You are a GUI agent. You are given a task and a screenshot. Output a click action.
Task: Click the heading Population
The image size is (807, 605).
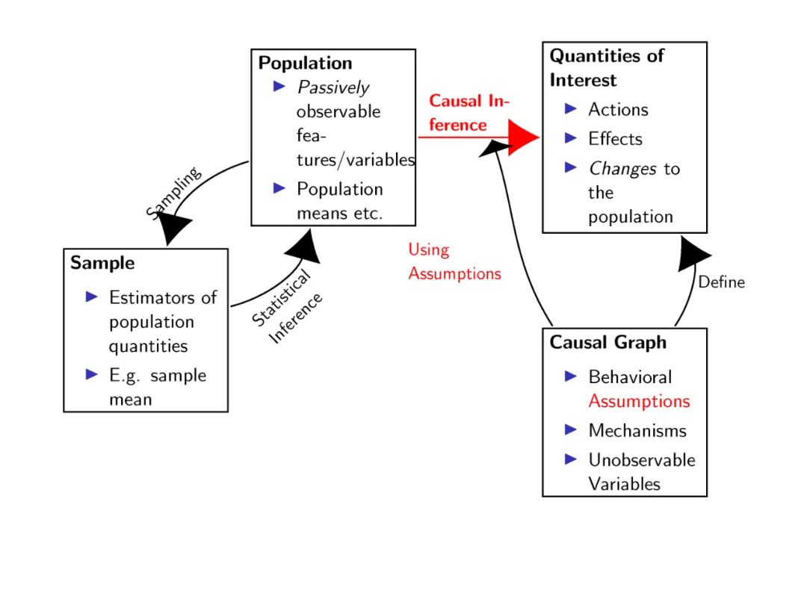(x=305, y=63)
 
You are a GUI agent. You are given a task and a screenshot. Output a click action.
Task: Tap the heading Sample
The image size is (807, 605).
(x=102, y=263)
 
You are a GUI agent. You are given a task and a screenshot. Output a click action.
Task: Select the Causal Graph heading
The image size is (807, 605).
(x=607, y=343)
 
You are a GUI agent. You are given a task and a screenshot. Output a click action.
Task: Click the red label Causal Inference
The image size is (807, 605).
(x=468, y=113)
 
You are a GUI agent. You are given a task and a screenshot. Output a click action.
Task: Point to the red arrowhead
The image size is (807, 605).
(x=524, y=137)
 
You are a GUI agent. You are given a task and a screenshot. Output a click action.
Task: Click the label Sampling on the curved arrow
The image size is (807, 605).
(x=174, y=193)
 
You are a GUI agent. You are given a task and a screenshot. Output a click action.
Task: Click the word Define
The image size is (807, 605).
(x=721, y=282)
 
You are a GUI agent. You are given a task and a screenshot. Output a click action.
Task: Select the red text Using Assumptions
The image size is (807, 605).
(x=454, y=261)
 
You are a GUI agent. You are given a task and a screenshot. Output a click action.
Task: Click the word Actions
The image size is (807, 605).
(x=618, y=110)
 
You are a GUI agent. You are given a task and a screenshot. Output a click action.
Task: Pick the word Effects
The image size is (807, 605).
(x=615, y=139)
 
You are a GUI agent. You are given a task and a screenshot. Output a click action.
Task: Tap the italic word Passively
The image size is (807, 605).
(x=333, y=87)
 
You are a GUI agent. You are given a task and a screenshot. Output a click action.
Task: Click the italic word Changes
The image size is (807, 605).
(x=622, y=169)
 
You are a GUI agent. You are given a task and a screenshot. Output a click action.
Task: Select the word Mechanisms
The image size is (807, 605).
(x=637, y=431)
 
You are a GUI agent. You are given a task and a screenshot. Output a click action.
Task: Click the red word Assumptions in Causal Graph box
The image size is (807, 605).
(x=639, y=401)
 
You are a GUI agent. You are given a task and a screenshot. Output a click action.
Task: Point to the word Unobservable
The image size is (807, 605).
(x=641, y=460)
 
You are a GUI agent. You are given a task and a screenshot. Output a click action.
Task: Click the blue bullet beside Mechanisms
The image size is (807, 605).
(x=572, y=429)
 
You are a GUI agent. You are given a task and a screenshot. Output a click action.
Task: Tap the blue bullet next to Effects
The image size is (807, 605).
(x=572, y=138)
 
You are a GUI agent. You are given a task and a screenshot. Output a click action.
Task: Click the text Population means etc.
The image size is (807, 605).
(x=339, y=201)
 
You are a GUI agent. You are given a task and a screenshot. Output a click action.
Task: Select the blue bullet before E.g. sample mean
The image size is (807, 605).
(x=92, y=374)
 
